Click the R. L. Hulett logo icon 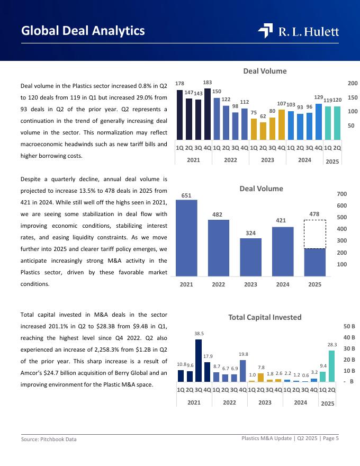265,31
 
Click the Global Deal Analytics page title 83,31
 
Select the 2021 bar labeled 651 186,237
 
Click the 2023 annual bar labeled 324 250,257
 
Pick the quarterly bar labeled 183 208,114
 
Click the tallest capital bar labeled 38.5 199,360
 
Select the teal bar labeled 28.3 331,366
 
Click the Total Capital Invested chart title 265,317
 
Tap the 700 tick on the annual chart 341,194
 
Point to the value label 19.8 244,354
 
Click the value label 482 218,214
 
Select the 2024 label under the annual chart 283,284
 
